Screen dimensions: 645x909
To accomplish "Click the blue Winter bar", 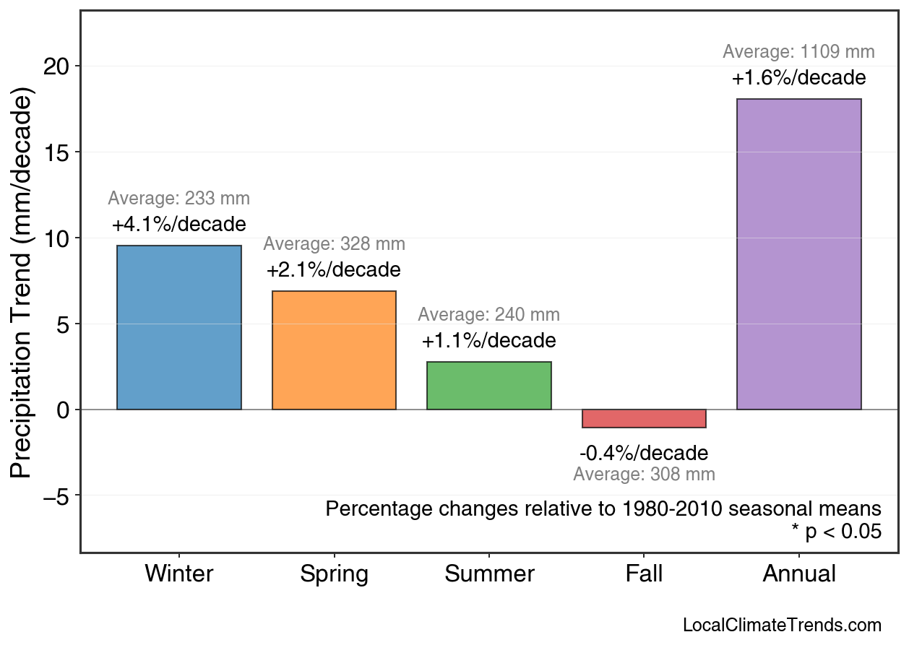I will coord(179,328).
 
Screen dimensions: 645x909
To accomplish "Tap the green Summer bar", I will coord(489,386).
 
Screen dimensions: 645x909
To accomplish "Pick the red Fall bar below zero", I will coord(644,419).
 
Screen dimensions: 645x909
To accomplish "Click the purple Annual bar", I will coord(798,254).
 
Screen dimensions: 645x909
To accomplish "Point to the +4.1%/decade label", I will coord(179,225).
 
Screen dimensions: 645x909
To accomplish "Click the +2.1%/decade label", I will coord(334,271).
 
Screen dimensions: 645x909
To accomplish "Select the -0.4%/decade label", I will coord(644,454).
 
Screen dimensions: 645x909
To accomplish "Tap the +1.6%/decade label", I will coord(798,78).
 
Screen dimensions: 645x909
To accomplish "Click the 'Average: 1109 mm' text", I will coord(798,52).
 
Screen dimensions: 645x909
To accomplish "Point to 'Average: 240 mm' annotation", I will coord(489,315).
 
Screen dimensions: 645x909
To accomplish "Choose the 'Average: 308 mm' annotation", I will coord(644,475).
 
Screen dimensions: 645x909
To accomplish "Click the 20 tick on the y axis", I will coord(57,66).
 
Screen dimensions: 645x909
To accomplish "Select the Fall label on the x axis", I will coord(644,574).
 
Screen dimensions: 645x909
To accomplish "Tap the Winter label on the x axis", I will coord(179,574).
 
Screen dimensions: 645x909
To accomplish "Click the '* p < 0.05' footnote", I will coord(836,532).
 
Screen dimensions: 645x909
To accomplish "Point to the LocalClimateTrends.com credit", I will coord(782,625).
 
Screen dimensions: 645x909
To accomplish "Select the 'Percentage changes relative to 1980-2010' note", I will coord(603,508).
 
